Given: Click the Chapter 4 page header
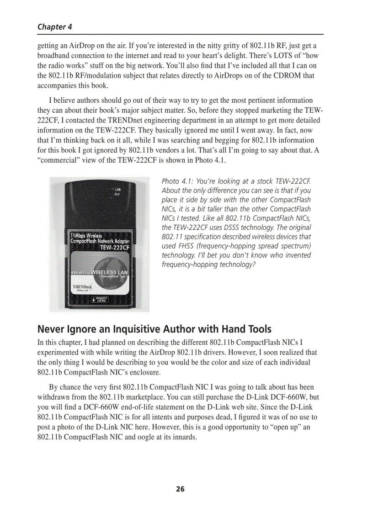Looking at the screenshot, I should pos(54,26).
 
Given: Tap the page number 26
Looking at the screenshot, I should pos(181,489).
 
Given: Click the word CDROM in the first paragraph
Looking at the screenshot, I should pos(286,76).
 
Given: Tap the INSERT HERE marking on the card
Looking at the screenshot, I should pos(100,300).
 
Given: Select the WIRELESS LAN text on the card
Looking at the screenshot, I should pos(109,272).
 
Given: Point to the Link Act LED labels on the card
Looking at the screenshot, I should pos(117,192).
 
